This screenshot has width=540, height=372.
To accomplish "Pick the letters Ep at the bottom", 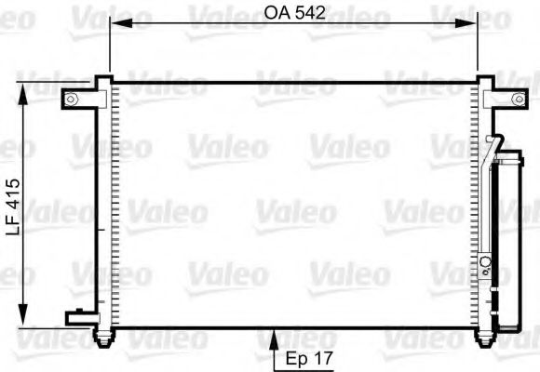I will click(x=297, y=355).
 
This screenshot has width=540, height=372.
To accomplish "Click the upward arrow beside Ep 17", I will click(x=274, y=339).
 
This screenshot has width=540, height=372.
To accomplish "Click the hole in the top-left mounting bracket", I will click(x=72, y=100).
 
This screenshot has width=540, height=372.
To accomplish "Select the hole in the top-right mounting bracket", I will click(x=518, y=100).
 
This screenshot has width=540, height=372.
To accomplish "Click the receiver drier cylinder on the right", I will click(x=507, y=242).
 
